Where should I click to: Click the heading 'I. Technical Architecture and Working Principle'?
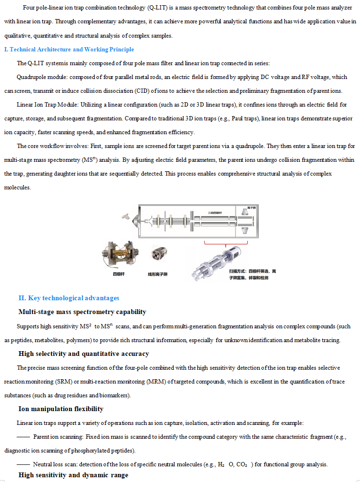69,49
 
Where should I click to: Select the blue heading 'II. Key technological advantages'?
69,298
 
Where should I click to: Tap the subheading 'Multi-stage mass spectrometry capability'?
82,312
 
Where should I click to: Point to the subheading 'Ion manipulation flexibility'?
61,409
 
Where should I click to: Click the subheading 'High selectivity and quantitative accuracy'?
84,354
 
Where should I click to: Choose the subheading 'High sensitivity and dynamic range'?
73,475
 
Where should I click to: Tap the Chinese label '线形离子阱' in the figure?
157,274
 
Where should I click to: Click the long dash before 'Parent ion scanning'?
23,437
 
